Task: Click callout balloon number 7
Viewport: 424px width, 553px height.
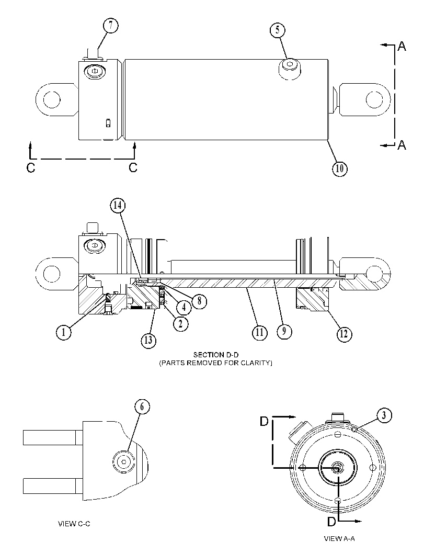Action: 111,26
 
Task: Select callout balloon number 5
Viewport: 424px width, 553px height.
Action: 278,30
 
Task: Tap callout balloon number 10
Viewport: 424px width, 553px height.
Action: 339,168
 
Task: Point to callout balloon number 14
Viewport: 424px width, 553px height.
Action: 118,205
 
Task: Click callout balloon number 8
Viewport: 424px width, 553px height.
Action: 200,301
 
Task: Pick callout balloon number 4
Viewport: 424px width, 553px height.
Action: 184,308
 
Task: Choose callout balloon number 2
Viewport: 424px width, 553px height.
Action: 180,323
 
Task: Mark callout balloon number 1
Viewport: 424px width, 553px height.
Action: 64,332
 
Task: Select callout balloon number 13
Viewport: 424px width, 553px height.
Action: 148,341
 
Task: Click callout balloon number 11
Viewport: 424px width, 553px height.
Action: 259,333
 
